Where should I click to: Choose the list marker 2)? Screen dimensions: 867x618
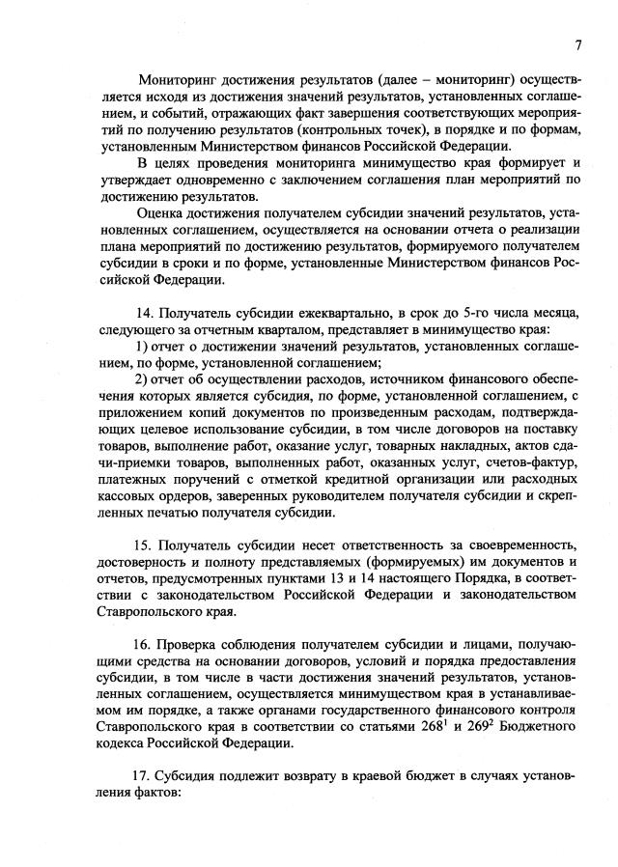pyautogui.click(x=142, y=378)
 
